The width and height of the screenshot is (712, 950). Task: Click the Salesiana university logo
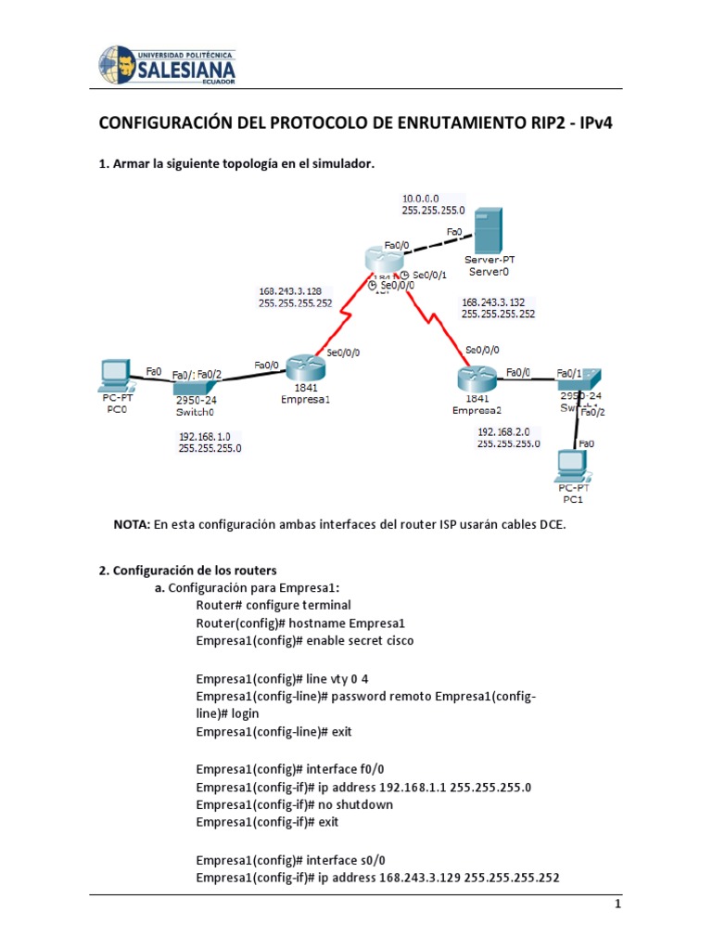click(167, 66)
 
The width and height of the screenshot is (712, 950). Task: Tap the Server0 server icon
click(488, 231)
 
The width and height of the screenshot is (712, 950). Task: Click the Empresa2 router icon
click(477, 379)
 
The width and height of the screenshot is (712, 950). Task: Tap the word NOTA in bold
click(132, 524)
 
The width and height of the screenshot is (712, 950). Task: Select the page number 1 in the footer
click(617, 904)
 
